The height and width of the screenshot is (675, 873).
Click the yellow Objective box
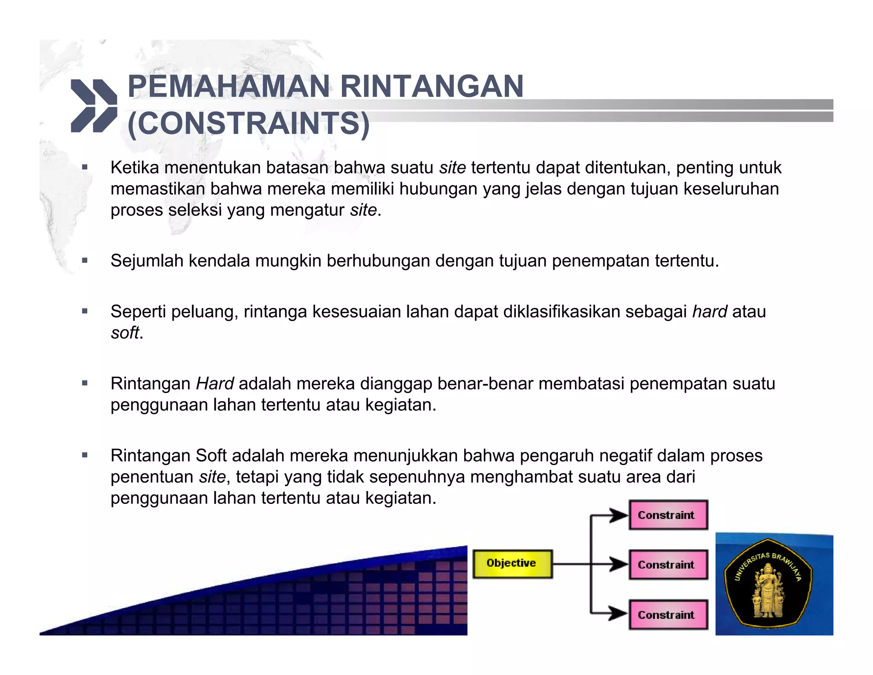(x=512, y=564)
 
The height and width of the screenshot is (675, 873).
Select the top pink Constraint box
(x=668, y=515)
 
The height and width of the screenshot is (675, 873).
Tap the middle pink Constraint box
(x=668, y=564)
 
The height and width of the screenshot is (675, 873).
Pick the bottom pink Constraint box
(x=668, y=614)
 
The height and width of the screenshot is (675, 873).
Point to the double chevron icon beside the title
(x=94, y=105)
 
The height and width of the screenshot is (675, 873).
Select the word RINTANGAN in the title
(x=432, y=87)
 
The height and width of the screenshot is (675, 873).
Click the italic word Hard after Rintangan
(x=215, y=384)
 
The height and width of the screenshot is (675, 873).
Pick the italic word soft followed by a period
(x=125, y=333)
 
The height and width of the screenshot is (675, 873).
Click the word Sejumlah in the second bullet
(x=147, y=261)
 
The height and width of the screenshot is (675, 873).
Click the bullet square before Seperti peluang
(x=85, y=311)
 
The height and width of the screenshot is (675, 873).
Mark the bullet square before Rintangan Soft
(x=85, y=455)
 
